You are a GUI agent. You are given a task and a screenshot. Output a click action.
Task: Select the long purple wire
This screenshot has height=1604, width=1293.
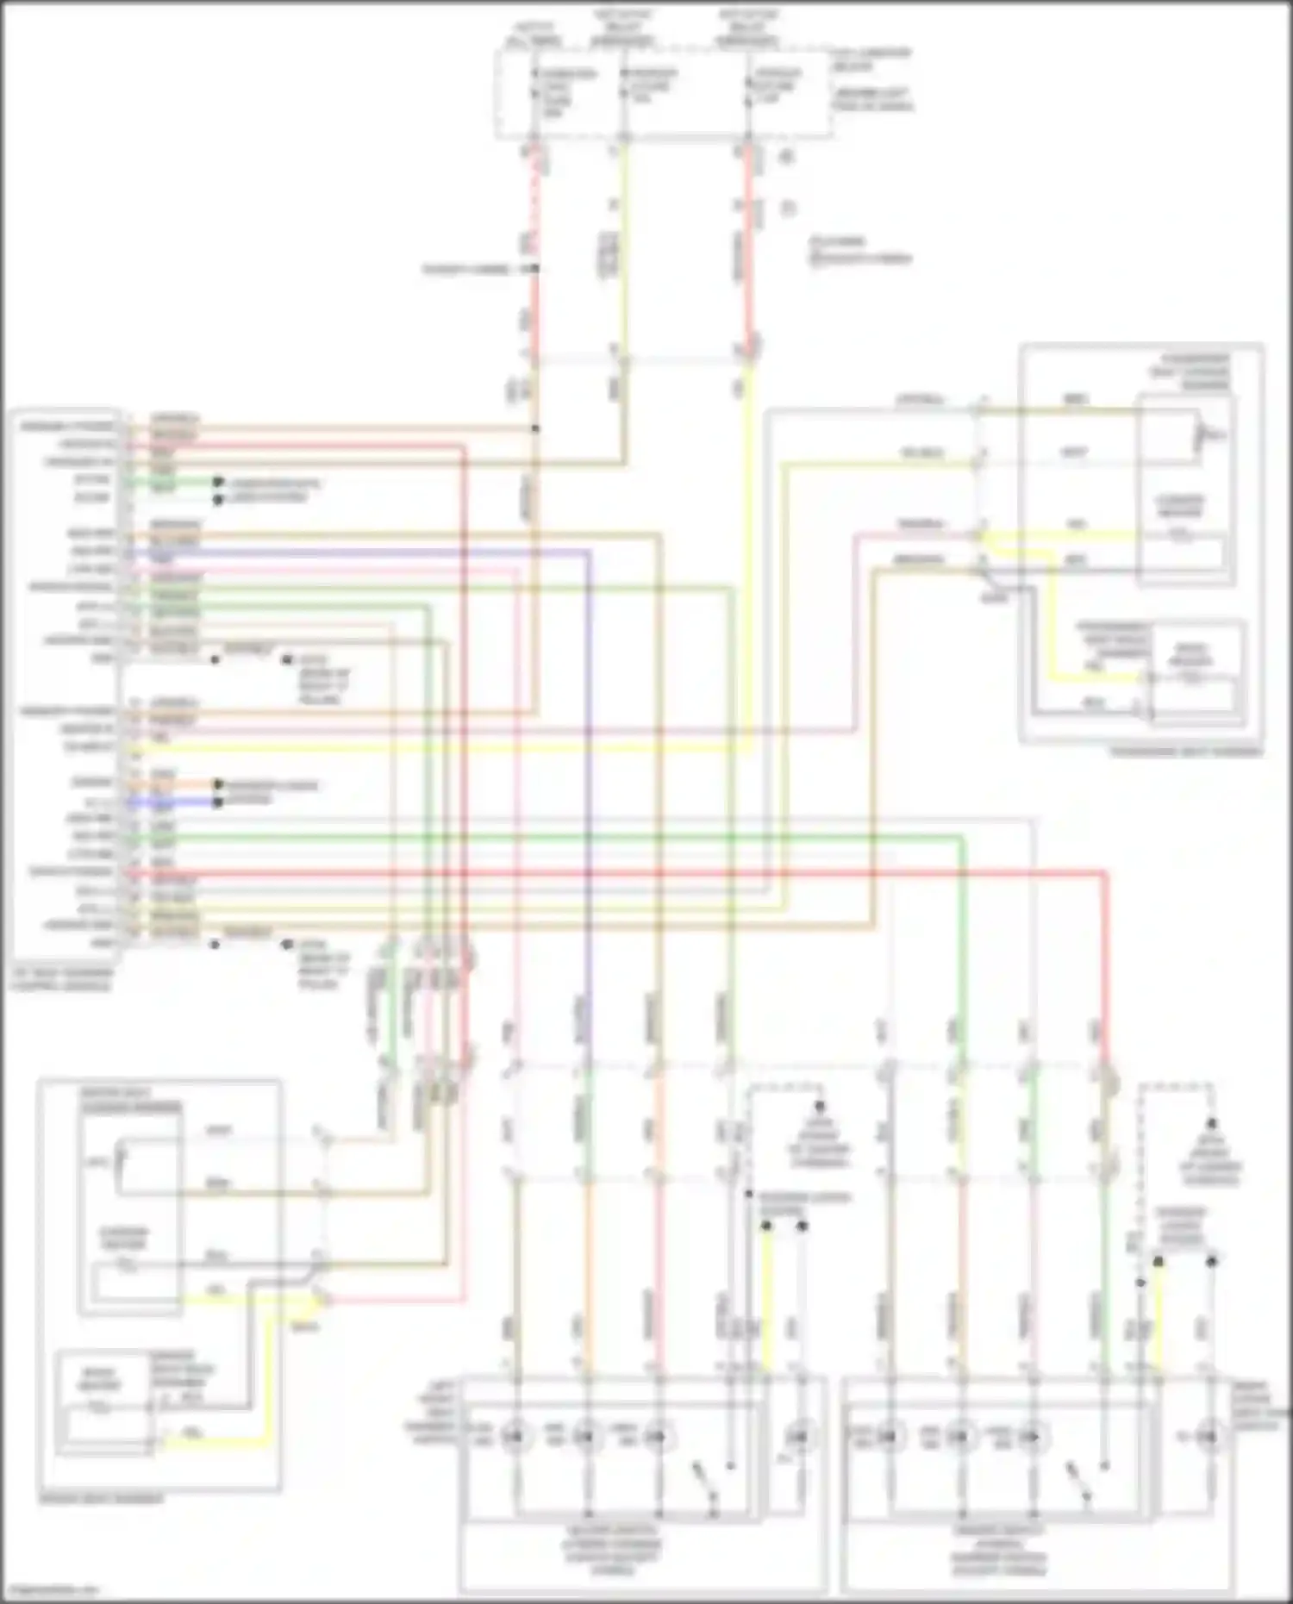click(589, 776)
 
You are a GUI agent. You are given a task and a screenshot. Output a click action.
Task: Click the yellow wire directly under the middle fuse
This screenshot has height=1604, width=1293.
click(624, 250)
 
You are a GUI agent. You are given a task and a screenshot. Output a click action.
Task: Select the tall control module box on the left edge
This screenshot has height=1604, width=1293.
click(65, 681)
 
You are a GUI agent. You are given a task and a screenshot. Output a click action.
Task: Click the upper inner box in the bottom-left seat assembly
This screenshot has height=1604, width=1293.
click(129, 1207)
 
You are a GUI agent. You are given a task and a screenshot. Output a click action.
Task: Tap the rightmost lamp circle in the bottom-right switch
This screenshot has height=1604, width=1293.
click(1210, 1435)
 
